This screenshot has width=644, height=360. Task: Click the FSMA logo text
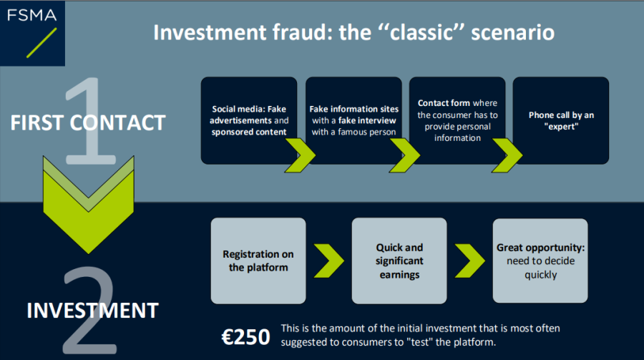[31, 15]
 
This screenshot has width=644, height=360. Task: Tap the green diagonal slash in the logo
[42, 43]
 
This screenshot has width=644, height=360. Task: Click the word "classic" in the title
[421, 32]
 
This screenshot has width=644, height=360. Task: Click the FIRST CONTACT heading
[88, 122]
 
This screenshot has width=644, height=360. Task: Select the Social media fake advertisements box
[249, 120]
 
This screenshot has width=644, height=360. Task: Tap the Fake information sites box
[353, 120]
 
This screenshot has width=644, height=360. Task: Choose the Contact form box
[457, 120]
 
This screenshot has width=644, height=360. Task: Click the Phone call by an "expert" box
[560, 120]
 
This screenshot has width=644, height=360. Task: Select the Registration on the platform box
[258, 261]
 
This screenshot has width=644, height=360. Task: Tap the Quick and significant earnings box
[399, 261]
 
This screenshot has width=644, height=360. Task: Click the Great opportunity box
[540, 261]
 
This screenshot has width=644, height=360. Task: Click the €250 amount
[245, 337]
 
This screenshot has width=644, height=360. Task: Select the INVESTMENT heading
[92, 311]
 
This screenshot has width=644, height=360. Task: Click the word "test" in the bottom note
[419, 342]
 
